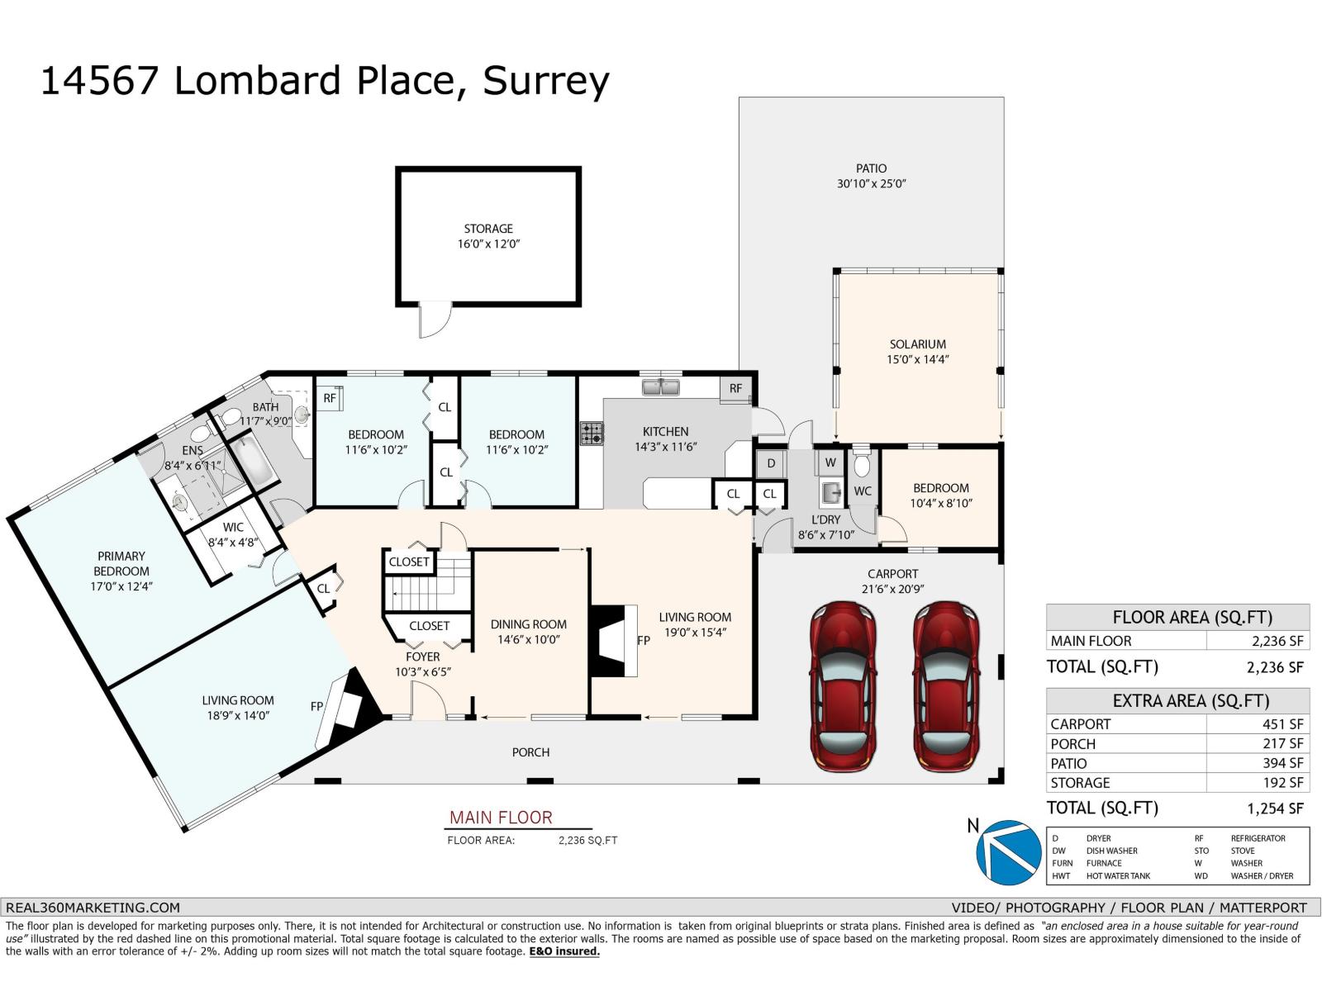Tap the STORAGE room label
[488, 229]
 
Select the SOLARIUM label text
[917, 344]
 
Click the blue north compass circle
[1009, 851]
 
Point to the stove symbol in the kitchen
[592, 434]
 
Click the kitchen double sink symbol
[661, 386]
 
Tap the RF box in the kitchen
[735, 389]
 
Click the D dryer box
[771, 463]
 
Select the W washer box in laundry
[830, 462]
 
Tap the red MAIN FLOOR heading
[501, 818]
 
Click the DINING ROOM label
[529, 624]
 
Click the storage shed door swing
[435, 320]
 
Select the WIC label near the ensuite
[233, 527]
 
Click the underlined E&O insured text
[564, 951]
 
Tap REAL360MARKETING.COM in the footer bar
[93, 907]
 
